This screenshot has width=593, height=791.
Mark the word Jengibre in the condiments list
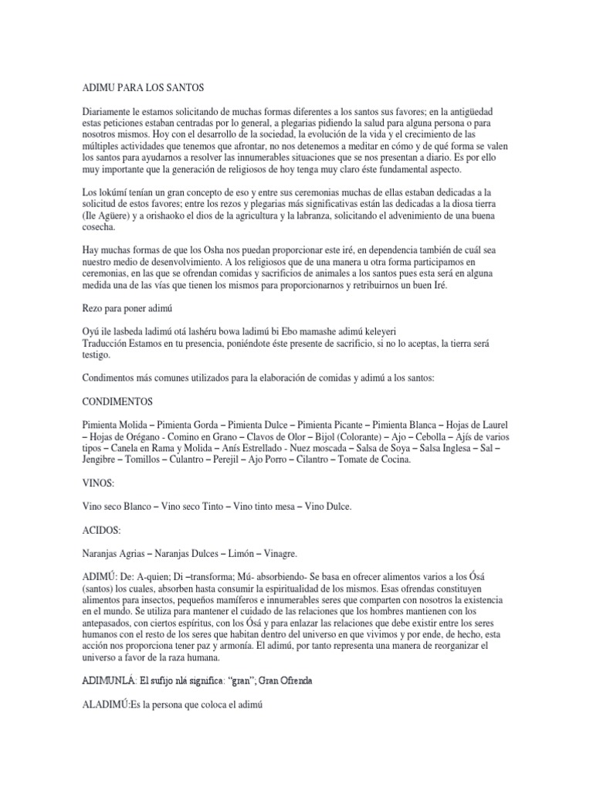pyautogui.click(x=102, y=460)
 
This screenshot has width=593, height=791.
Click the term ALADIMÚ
pyautogui.click(x=108, y=705)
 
